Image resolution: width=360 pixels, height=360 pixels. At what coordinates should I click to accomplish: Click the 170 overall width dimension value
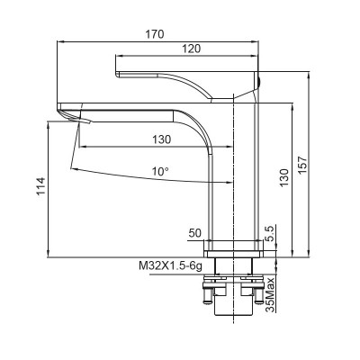coord(154,34)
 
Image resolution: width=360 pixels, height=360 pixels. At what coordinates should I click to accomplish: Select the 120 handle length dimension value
coord(191,48)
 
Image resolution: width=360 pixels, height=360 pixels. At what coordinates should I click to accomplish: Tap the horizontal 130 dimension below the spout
coord(161,139)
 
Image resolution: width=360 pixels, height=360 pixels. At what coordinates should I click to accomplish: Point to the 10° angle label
coord(160,171)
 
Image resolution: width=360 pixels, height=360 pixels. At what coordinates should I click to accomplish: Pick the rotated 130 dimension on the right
coord(285,176)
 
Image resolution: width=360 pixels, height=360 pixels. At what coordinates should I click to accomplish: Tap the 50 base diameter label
coord(195,234)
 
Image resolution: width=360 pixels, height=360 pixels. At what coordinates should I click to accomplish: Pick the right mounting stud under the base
coord(256,292)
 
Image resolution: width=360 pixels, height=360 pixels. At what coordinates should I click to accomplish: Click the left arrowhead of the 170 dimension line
coord(61,42)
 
